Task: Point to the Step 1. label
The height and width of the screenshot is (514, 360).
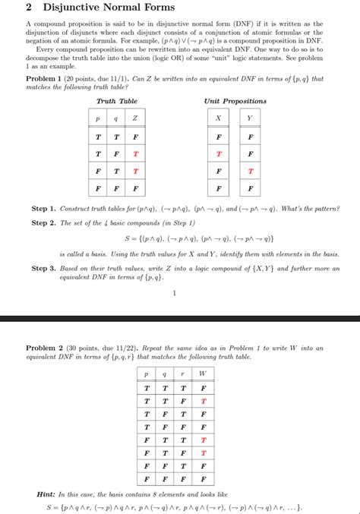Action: [x=44, y=208]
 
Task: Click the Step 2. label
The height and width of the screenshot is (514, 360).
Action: [x=44, y=223]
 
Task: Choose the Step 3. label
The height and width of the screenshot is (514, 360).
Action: [x=44, y=268]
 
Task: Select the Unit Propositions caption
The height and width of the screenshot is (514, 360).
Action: [x=235, y=101]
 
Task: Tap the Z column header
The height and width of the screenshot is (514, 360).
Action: [x=135, y=118]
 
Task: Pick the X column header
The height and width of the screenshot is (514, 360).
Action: [x=219, y=118]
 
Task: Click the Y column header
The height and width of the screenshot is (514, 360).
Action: [x=251, y=118]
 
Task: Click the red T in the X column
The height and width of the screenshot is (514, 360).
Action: [x=219, y=153]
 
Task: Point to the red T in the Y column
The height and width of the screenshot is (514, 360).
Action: [x=251, y=171]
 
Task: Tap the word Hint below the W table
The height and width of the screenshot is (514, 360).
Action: [x=46, y=494]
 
